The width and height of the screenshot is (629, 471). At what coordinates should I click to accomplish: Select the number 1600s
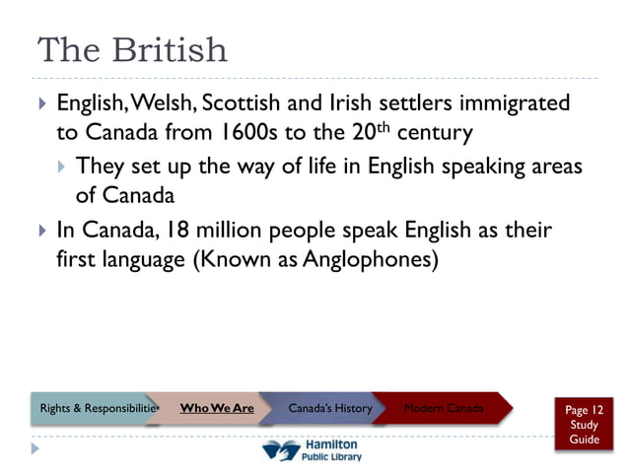click(239, 131)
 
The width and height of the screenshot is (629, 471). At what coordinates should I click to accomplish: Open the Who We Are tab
click(217, 408)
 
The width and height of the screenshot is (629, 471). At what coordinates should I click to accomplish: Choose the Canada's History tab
click(330, 408)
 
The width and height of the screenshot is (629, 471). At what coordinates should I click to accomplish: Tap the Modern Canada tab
click(444, 408)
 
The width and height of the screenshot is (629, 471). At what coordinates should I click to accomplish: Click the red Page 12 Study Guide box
click(584, 425)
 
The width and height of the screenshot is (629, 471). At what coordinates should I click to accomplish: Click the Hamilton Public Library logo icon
click(282, 450)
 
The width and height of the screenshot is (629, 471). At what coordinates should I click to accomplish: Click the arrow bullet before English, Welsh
click(41, 103)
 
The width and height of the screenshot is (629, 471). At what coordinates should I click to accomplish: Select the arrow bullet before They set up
click(61, 166)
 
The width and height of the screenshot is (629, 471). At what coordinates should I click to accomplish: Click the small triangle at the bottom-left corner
click(36, 449)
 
